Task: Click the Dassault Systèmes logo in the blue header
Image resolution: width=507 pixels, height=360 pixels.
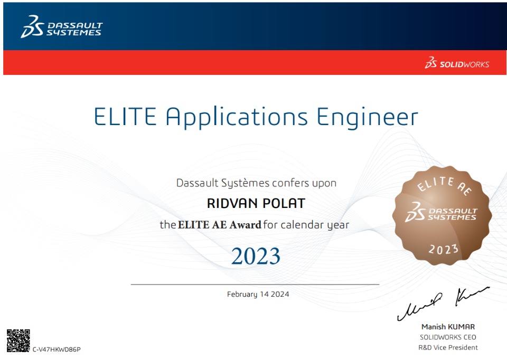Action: [61, 26]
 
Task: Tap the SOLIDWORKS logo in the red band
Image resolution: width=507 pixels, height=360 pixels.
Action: [457, 63]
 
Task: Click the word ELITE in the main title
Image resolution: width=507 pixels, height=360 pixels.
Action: [126, 117]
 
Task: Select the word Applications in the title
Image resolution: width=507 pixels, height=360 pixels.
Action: [237, 118]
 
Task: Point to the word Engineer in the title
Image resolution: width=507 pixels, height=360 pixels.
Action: [368, 118]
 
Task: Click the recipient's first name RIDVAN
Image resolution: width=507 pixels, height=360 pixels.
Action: [232, 204]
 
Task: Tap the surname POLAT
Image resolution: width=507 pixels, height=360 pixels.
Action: [284, 204]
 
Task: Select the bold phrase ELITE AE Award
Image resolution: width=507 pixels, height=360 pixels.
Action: [220, 224]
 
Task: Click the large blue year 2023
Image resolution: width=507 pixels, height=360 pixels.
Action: [256, 256]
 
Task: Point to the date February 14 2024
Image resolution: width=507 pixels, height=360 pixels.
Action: [258, 294]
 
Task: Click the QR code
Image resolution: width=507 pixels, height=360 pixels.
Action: [18, 340]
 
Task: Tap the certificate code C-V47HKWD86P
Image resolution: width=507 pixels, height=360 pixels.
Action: [57, 349]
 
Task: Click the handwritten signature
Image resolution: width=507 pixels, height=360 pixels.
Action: [443, 304]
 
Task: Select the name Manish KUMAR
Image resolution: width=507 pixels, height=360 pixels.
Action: [448, 327]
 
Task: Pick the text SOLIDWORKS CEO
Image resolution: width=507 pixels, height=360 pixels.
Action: [448, 337]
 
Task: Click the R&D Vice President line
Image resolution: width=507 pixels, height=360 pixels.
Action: [448, 348]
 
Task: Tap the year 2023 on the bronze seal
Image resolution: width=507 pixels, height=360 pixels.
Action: [444, 249]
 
